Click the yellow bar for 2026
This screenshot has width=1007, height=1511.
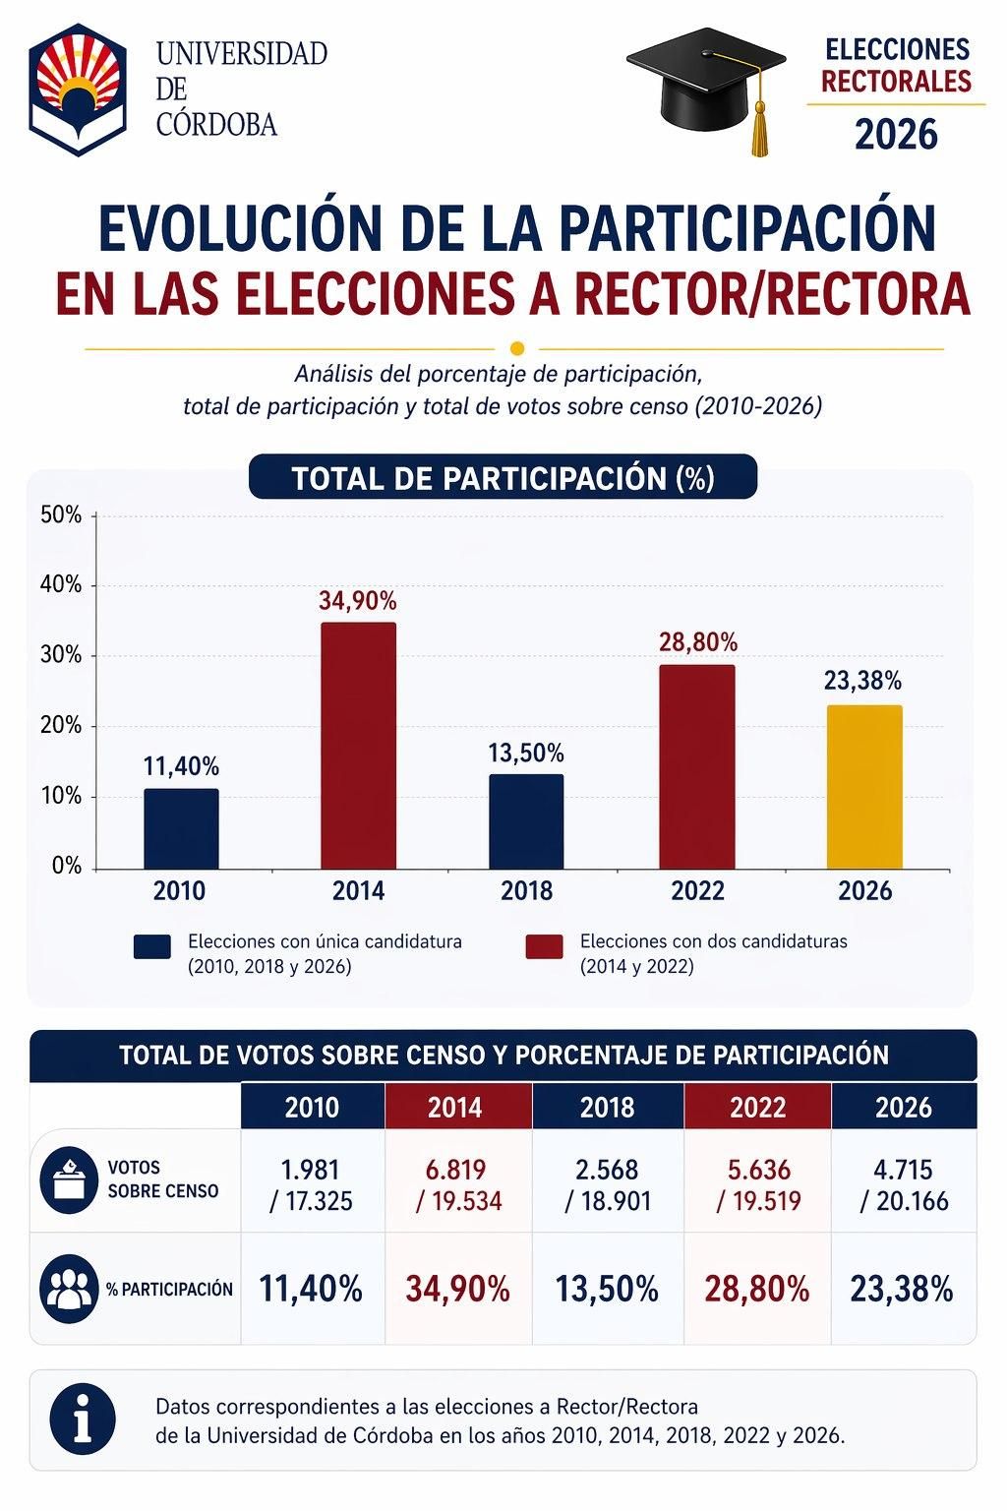(x=863, y=787)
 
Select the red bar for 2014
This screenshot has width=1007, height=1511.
(x=358, y=746)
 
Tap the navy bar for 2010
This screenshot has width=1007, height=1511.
(x=181, y=828)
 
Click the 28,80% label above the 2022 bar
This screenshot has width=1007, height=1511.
(x=697, y=642)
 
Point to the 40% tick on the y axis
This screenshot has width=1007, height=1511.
(x=61, y=585)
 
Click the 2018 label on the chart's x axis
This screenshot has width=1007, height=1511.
(x=527, y=891)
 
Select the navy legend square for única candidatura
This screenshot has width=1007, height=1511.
(x=151, y=947)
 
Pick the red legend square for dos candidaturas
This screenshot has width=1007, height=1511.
(x=544, y=947)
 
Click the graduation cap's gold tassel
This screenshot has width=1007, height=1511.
(x=758, y=128)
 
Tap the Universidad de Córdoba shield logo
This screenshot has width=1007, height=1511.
(x=78, y=90)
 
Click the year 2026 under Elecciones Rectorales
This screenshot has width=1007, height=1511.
(x=896, y=135)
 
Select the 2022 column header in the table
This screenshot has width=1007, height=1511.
(x=757, y=1108)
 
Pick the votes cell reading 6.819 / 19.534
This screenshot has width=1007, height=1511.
(x=457, y=1185)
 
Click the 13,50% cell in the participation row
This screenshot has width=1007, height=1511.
(x=607, y=1289)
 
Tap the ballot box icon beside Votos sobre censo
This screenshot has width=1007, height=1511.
(x=68, y=1179)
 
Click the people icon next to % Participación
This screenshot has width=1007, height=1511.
(x=68, y=1289)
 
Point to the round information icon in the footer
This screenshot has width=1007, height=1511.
(x=83, y=1420)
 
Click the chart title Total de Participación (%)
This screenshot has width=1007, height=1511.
(x=503, y=478)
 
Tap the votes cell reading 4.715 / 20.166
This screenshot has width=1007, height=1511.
(x=903, y=1185)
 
